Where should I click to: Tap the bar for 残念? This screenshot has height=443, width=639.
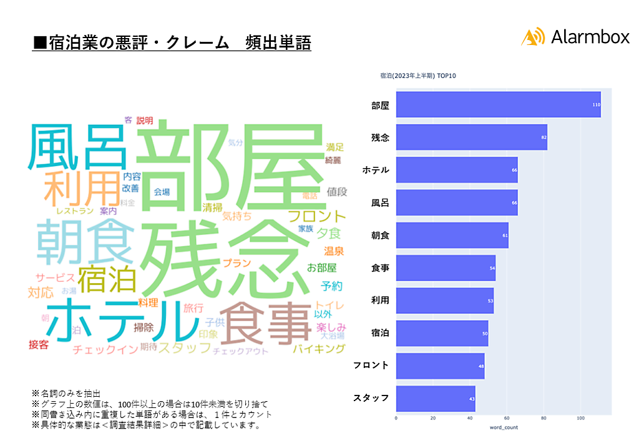coord(471,137)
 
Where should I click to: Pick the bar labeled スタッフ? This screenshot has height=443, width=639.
coord(436,398)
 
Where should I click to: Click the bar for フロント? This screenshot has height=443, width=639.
coord(440,366)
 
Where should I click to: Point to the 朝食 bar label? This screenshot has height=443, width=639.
coord(380,236)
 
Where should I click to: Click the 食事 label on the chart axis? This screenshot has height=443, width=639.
coord(380,268)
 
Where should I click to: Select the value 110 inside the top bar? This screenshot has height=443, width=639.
coord(596,105)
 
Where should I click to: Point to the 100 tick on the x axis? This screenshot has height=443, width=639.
coord(580,418)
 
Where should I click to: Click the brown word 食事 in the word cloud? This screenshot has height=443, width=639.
coord(266,323)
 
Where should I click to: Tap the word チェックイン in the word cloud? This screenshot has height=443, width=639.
coord(105,349)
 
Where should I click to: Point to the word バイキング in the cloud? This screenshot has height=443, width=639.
coord(318,348)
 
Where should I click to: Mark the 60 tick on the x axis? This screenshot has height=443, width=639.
coord(507,418)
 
